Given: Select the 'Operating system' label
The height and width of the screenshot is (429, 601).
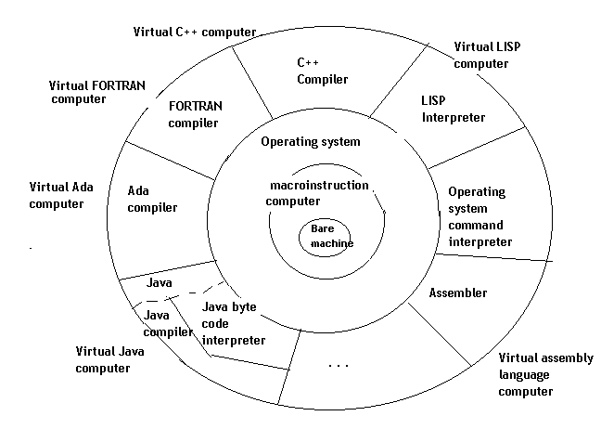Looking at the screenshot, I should [310, 142].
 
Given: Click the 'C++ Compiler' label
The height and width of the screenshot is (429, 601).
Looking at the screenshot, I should [320, 71].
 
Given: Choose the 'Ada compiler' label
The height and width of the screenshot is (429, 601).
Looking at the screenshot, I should [152, 200].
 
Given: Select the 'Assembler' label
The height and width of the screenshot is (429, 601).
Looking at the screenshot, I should [458, 292].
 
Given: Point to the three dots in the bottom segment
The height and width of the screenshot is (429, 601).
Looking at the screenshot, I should [339, 366].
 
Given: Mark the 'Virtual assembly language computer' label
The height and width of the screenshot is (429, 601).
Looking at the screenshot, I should [539, 374].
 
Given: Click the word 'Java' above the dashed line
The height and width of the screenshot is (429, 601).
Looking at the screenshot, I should [160, 279].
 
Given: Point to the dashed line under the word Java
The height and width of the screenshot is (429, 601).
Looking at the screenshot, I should [181, 295].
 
